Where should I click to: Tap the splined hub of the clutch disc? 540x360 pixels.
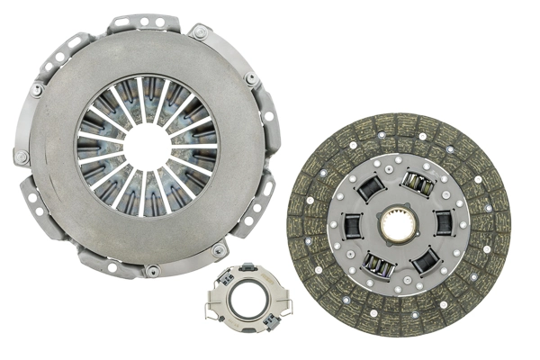pyautogui.click(x=398, y=224)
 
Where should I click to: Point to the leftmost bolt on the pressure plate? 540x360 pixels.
pyautogui.click(x=22, y=156)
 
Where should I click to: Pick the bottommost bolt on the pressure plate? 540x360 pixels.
pyautogui.click(x=154, y=270)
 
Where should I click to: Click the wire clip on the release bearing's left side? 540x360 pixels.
pyautogui.click(x=211, y=308)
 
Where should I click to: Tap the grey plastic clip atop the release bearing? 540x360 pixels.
pyautogui.click(x=246, y=269)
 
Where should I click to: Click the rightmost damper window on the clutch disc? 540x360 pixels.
pyautogui.click(x=443, y=222)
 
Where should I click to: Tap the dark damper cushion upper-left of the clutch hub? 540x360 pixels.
pyautogui.click(x=370, y=190)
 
